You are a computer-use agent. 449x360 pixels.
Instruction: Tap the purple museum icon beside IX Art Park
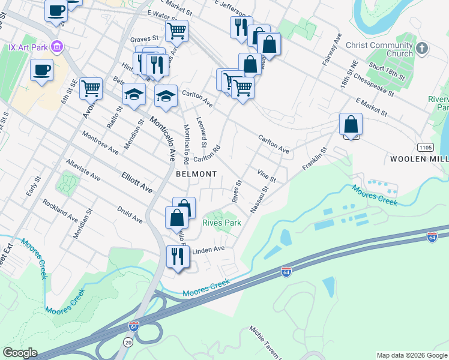coord(57,46)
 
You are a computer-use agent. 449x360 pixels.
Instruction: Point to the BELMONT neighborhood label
coord(196,174)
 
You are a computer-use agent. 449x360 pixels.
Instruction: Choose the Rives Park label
coord(221,223)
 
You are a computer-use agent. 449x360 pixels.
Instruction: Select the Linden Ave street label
coord(208,249)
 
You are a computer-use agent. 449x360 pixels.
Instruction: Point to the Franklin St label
coord(315,158)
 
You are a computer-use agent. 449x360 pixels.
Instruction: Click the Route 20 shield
coord(128,341)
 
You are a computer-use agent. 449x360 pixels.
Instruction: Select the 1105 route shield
coord(424,148)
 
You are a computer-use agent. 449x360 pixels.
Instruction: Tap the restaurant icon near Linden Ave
coord(178,256)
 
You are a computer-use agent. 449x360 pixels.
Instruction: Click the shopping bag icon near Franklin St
coord(351,125)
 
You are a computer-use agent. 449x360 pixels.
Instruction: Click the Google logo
coord(20,353)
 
